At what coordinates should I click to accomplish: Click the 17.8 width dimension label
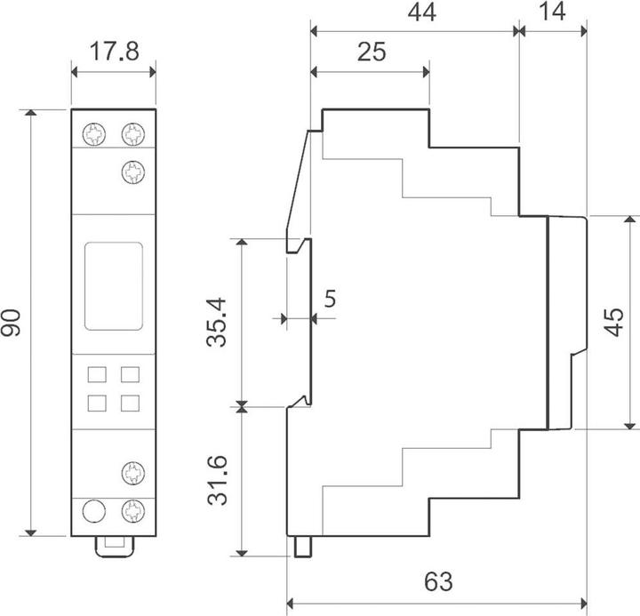pyautogui.click(x=114, y=52)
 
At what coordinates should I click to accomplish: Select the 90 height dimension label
pyautogui.click(x=11, y=323)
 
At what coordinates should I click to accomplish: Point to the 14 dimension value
pyautogui.click(x=552, y=12)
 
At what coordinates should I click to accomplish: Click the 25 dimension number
pyautogui.click(x=372, y=52)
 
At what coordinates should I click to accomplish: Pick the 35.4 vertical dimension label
pyautogui.click(x=216, y=323)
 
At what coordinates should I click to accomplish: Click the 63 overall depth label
pyautogui.click(x=438, y=581)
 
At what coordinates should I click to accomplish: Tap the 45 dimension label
pyautogui.click(x=614, y=322)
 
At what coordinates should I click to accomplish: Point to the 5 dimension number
pyautogui.click(x=330, y=299)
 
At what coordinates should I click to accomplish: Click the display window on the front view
pyautogui.click(x=114, y=285)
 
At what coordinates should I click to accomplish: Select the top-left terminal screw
pyautogui.click(x=94, y=134)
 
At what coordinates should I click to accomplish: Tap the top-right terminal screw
pyautogui.click(x=133, y=134)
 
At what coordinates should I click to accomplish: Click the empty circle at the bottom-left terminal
pyautogui.click(x=94, y=511)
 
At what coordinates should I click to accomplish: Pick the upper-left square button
pyautogui.click(x=97, y=374)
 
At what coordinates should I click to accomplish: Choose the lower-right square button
pyautogui.click(x=130, y=404)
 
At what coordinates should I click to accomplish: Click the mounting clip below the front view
pyautogui.click(x=115, y=547)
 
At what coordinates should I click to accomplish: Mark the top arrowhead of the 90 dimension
pyautogui.click(x=30, y=113)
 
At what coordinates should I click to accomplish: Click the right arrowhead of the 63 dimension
pyautogui.click(x=584, y=603)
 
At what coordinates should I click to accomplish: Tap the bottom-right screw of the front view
pyautogui.click(x=133, y=511)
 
